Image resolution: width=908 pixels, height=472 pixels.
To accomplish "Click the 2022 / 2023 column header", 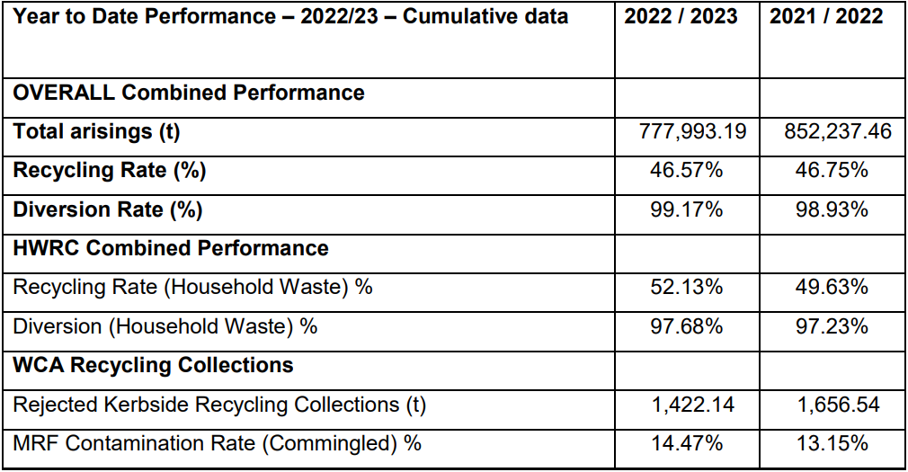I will [x=686, y=17].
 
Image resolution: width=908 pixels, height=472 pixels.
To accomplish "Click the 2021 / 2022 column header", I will [x=832, y=17].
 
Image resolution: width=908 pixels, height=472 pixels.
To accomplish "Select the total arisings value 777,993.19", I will [x=692, y=132].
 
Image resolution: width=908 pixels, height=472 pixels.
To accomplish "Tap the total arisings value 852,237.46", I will [x=837, y=132].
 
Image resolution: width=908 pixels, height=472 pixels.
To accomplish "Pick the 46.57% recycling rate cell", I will [x=686, y=171].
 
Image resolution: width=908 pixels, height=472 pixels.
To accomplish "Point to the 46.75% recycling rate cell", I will [x=832, y=171].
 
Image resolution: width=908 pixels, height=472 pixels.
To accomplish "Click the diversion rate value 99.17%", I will [x=686, y=209].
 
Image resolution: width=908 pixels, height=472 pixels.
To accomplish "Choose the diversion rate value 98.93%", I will [x=832, y=209].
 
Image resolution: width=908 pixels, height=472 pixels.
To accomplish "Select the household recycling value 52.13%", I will [x=686, y=288].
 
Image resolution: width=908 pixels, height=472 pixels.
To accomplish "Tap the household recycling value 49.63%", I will [x=832, y=288].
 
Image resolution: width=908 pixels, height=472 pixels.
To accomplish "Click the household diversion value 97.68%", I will [x=686, y=326].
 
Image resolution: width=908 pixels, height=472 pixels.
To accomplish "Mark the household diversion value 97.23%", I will [x=832, y=326].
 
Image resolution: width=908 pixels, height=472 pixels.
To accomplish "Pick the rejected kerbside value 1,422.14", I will [x=692, y=405].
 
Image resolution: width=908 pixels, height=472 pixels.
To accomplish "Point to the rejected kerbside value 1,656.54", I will [x=837, y=405].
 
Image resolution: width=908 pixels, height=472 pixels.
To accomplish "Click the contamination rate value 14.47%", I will [x=686, y=443].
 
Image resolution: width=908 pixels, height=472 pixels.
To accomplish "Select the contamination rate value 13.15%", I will [x=832, y=443].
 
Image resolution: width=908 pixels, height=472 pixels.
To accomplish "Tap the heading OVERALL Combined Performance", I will [x=189, y=93].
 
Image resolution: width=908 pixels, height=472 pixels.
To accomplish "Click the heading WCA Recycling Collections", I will [x=153, y=365].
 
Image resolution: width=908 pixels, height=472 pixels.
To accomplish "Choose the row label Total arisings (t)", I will [x=96, y=132].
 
